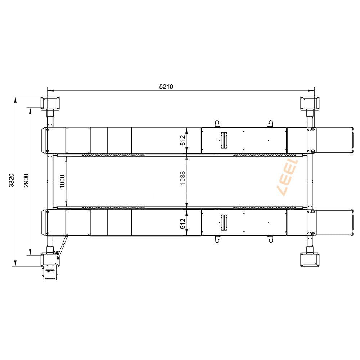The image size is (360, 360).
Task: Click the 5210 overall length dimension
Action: tap(166, 86)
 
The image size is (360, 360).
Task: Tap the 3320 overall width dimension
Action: tap(12, 180)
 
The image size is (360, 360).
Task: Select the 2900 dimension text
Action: tap(26, 180)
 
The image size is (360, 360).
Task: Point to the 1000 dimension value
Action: tap(62, 181)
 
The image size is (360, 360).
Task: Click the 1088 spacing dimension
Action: tap(183, 178)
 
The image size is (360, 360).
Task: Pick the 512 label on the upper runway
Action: tap(183, 140)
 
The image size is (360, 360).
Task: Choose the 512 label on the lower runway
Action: tap(183, 224)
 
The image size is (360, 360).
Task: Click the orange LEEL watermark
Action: tap(288, 178)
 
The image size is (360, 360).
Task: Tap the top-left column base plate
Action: tap(50, 103)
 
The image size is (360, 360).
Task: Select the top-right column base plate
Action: tap(310, 103)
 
